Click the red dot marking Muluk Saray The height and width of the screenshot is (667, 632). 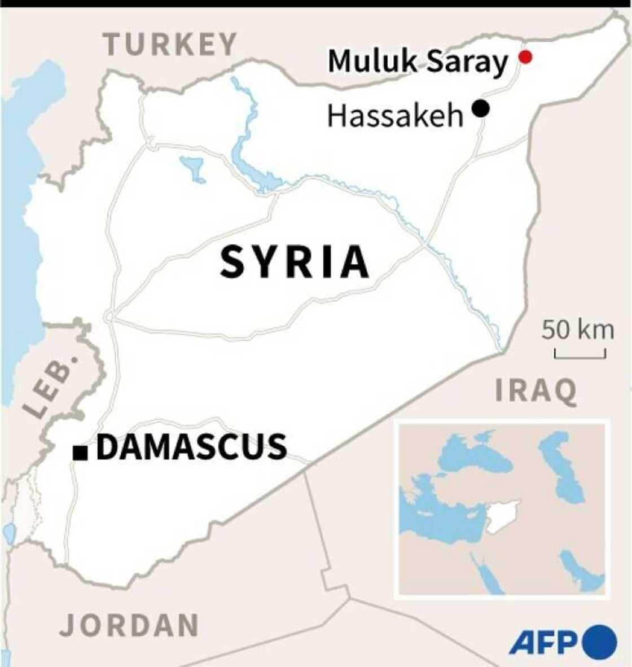(525, 57)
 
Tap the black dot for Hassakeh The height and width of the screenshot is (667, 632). (481, 108)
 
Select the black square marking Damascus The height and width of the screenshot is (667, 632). (80, 452)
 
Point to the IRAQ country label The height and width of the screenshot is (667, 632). (536, 391)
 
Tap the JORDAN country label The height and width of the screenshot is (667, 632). (130, 625)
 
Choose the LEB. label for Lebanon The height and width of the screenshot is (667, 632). (51, 386)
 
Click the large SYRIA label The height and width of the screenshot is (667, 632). (295, 262)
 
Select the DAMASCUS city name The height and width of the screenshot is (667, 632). (192, 447)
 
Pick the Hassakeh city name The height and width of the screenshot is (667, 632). (395, 116)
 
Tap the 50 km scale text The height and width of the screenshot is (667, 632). (578, 330)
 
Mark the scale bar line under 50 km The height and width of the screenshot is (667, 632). (580, 356)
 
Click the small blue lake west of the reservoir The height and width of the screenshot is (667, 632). (191, 167)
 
